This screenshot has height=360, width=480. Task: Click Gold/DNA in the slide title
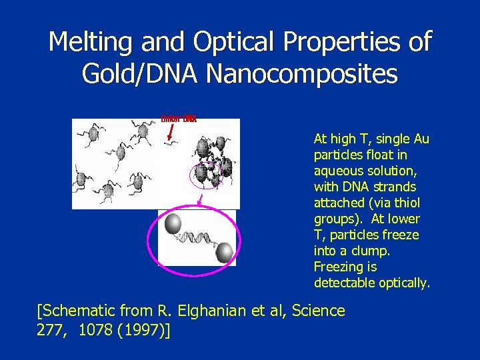point(140,73)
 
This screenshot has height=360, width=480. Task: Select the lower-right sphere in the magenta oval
point(225,251)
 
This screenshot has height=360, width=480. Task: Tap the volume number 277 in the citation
point(51,329)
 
